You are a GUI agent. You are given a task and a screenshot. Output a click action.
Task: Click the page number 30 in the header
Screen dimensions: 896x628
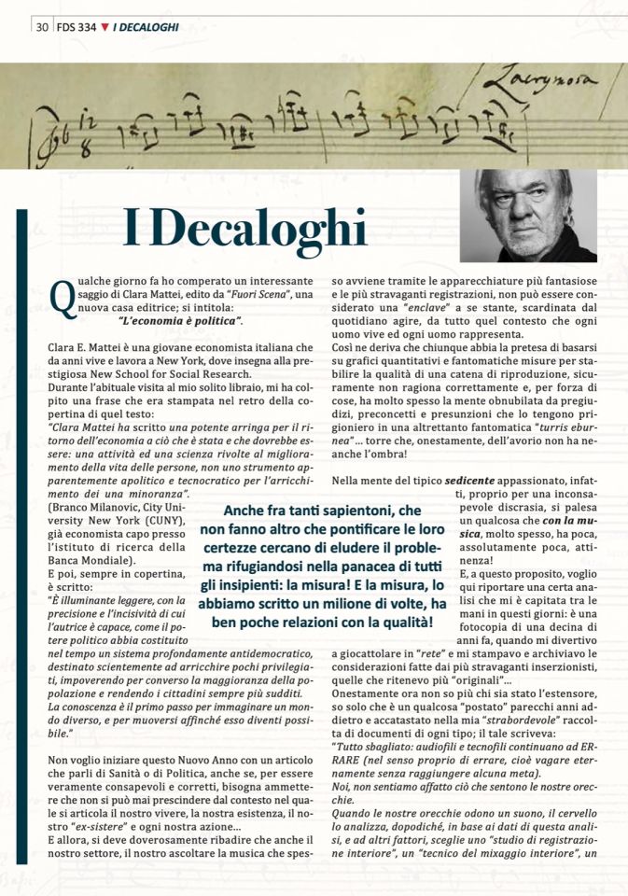42,27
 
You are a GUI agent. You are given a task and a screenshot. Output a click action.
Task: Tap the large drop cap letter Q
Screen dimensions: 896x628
62,297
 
